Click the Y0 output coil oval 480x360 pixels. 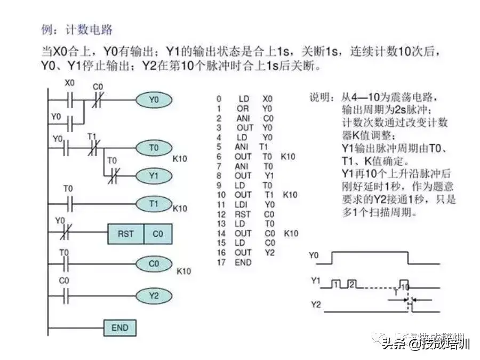(154, 99)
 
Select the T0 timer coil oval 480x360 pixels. (154, 148)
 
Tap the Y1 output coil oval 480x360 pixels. (154, 175)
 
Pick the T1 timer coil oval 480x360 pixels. (154, 204)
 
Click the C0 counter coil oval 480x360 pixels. (154, 263)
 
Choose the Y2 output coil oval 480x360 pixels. (154, 295)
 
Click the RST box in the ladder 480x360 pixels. (125, 234)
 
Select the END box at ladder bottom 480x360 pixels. (119, 327)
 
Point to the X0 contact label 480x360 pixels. (70, 84)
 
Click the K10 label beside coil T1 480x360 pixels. (180, 209)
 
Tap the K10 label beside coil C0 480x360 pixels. (183, 271)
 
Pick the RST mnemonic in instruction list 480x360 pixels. (242, 214)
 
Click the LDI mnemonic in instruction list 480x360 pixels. (242, 204)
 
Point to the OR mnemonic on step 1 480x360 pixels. (243, 108)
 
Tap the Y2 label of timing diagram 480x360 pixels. (316, 305)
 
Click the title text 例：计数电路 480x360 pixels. (77, 29)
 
